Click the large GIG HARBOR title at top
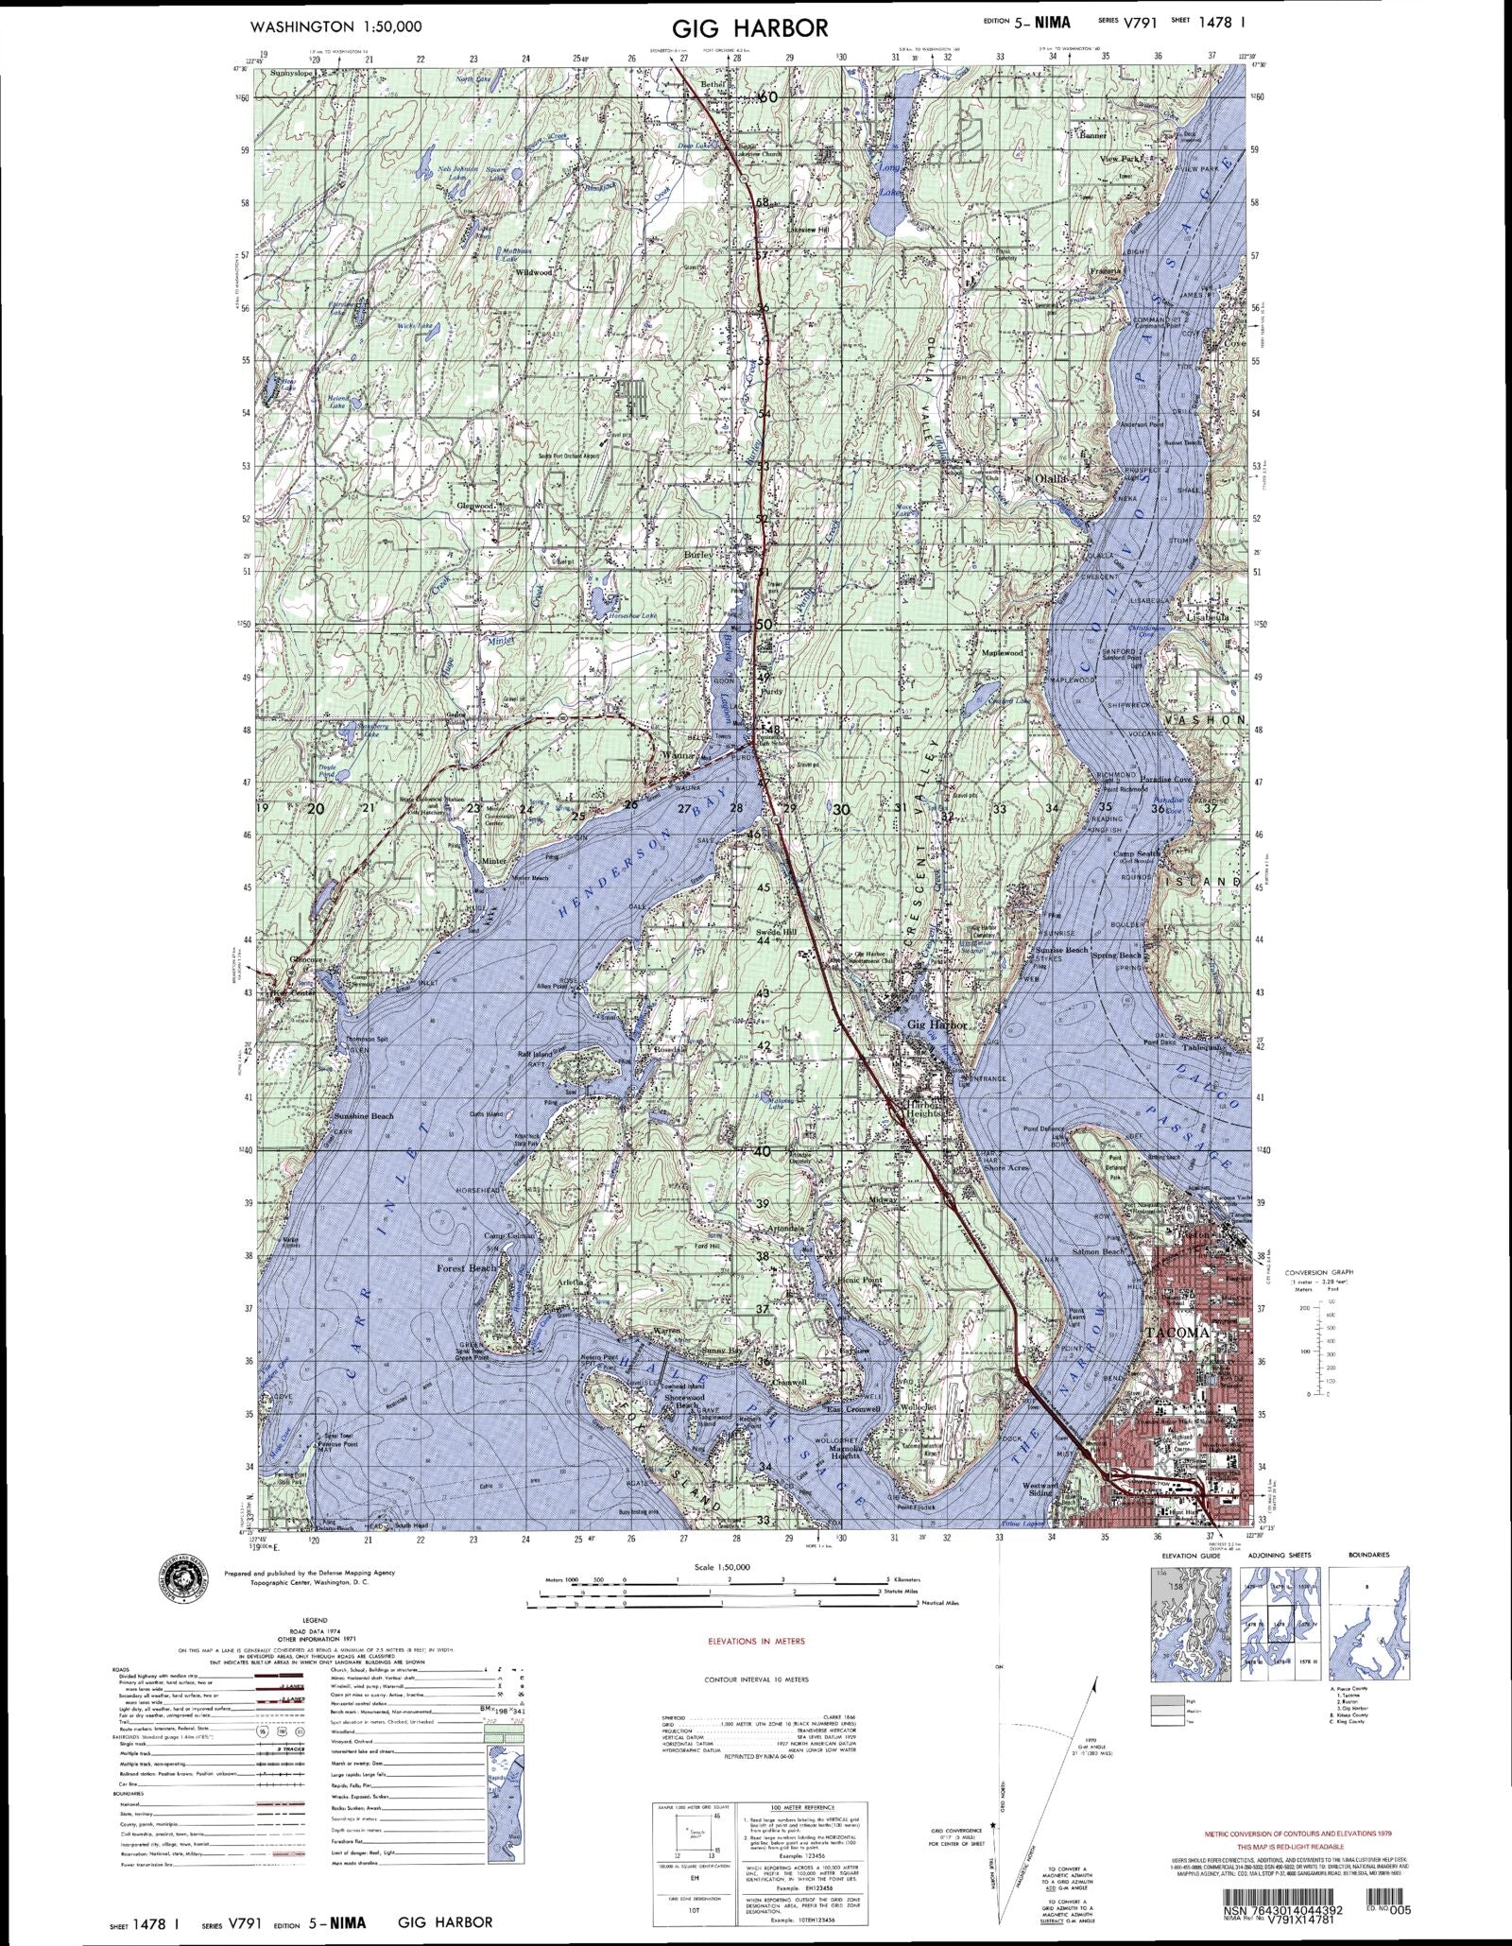752,27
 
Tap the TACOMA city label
1176,1333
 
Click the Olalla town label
1051,479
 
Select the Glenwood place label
475,506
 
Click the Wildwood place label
533,272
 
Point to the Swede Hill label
777,932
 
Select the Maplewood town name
1003,653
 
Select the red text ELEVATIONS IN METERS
757,1642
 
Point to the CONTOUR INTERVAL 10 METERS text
757,1679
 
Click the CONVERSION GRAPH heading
1318,1273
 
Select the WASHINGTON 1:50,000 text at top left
335,27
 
